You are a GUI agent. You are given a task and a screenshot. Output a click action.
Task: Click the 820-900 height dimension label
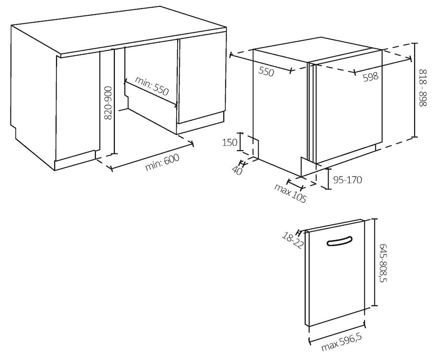pos(108,103)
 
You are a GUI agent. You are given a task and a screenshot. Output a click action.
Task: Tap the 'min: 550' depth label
pos(152,86)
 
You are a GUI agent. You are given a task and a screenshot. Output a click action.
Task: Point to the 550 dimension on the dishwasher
pos(266,71)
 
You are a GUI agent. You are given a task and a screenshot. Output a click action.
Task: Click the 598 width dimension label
pos(370,76)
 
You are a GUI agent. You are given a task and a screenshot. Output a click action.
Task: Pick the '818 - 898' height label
pos(423,88)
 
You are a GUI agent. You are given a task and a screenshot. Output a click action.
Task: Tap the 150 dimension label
pos(230,142)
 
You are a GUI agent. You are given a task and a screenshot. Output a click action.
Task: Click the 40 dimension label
pos(237,170)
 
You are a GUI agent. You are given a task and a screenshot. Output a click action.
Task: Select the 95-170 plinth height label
pos(347,180)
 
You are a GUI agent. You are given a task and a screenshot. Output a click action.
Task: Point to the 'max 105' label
pos(291,193)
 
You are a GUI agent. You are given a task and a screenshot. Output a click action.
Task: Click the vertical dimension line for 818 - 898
pos(415,90)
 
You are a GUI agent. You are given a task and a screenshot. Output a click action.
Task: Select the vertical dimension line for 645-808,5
pos(374,262)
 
